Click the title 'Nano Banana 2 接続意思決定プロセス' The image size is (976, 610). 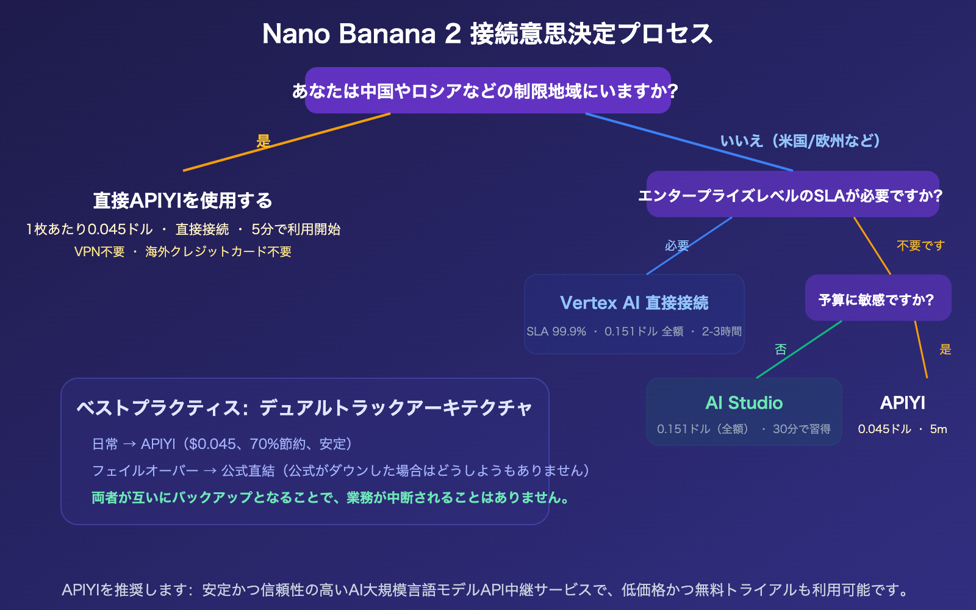pyautogui.click(x=487, y=34)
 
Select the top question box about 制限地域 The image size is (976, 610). pyautogui.click(x=487, y=91)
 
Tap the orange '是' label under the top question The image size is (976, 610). pyautogui.click(x=263, y=141)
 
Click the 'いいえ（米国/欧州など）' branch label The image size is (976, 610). pyautogui.click(x=800, y=141)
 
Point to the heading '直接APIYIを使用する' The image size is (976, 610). pyautogui.click(x=182, y=200)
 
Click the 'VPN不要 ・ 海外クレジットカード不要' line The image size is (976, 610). pyautogui.click(x=182, y=251)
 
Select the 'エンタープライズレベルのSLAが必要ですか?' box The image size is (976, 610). pyautogui.click(x=792, y=195)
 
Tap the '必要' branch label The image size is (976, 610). pyautogui.click(x=676, y=245)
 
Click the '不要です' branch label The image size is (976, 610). pyautogui.click(x=920, y=245)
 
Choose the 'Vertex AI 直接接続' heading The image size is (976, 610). pyautogui.click(x=634, y=303)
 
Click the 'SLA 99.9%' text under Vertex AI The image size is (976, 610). pyautogui.click(x=556, y=331)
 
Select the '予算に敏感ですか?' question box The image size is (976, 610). pyautogui.click(x=877, y=300)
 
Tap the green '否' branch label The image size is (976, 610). pyautogui.click(x=780, y=349)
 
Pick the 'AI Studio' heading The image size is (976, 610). pyautogui.click(x=744, y=403)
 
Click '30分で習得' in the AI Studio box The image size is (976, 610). pyautogui.click(x=801, y=429)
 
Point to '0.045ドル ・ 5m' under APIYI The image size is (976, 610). pyautogui.click(x=902, y=429)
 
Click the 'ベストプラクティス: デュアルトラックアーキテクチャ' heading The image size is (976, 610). pyautogui.click(x=304, y=407)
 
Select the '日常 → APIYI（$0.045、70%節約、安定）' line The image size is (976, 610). pyautogui.click(x=222, y=443)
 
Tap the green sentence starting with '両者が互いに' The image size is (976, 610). pyautogui.click(x=331, y=497)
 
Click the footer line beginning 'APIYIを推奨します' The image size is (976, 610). pyautogui.click(x=486, y=590)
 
